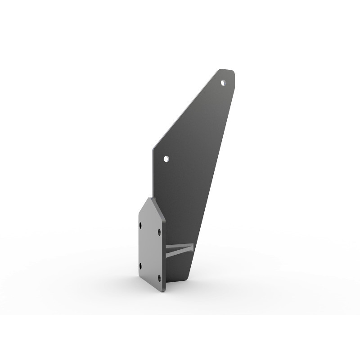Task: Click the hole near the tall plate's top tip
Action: (223, 82)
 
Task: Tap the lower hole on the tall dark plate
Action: (166, 159)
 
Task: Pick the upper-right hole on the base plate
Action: (159, 232)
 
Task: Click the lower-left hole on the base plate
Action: (141, 266)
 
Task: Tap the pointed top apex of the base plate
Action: (150, 198)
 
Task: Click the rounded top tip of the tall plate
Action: (227, 71)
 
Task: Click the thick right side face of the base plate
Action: (164, 252)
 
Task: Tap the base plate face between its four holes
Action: (150, 250)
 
